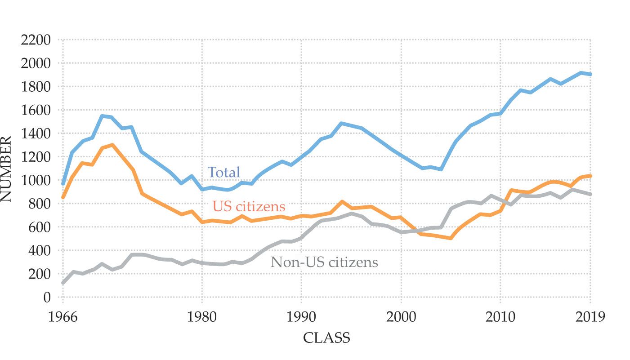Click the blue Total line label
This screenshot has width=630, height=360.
pyautogui.click(x=224, y=173)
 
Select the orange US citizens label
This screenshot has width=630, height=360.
pyautogui.click(x=249, y=206)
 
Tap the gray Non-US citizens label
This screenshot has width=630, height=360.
pyautogui.click(x=324, y=262)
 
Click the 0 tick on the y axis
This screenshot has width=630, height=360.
pyautogui.click(x=47, y=298)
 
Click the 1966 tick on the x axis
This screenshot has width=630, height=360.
pyautogui.click(x=63, y=317)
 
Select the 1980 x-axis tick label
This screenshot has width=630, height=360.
pyautogui.click(x=202, y=317)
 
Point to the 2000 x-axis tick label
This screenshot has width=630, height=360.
pyautogui.click(x=401, y=317)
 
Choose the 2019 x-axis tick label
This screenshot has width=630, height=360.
pyautogui.click(x=590, y=317)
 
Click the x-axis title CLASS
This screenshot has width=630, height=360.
pyautogui.click(x=326, y=338)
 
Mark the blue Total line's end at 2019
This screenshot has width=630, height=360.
pyautogui.click(x=590, y=74)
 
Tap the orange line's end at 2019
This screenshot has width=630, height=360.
pyautogui.click(x=590, y=176)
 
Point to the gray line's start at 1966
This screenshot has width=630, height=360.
pyautogui.click(x=63, y=283)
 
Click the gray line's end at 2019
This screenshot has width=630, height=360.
pyautogui.click(x=590, y=194)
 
